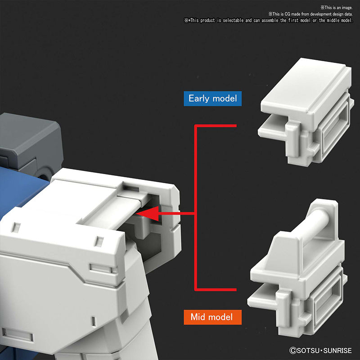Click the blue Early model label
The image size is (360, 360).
[x=212, y=99]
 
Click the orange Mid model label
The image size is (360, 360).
[x=212, y=317]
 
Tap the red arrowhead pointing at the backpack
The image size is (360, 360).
[x=148, y=213]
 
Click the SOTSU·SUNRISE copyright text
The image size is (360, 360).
[x=320, y=351]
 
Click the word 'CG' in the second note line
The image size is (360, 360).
[x=288, y=14]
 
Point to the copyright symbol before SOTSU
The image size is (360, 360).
[x=293, y=351]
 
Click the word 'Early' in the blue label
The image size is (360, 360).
[x=199, y=99]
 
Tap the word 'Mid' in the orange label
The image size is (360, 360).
[x=198, y=317]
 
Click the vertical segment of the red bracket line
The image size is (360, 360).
[x=195, y=208]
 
